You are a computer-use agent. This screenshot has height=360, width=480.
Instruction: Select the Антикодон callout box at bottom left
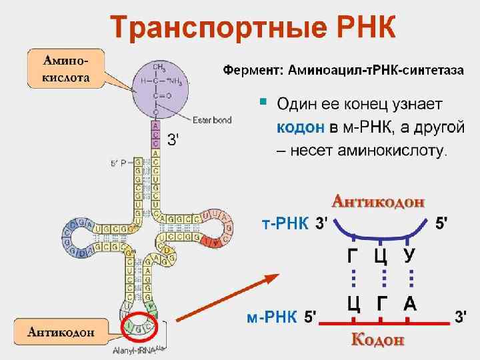tap(60, 331)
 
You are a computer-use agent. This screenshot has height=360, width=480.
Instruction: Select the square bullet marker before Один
tap(263, 103)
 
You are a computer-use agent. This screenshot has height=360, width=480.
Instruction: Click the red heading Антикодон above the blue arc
tap(379, 201)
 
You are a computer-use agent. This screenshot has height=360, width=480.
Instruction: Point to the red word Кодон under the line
tap(378, 340)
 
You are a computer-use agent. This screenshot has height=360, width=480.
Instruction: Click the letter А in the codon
tap(410, 304)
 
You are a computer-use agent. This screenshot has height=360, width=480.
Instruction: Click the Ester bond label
tap(211, 120)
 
